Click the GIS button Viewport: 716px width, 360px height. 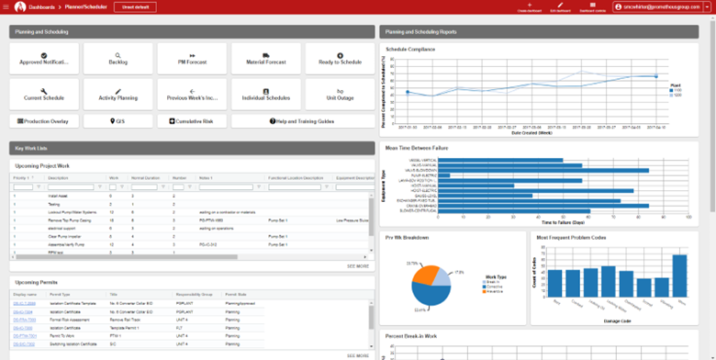pyautogui.click(x=117, y=120)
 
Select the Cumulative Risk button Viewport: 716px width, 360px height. pyautogui.click(x=192, y=120)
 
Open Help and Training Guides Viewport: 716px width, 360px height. pyautogui.click(x=302, y=120)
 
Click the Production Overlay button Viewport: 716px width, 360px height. pyautogui.click(x=44, y=120)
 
